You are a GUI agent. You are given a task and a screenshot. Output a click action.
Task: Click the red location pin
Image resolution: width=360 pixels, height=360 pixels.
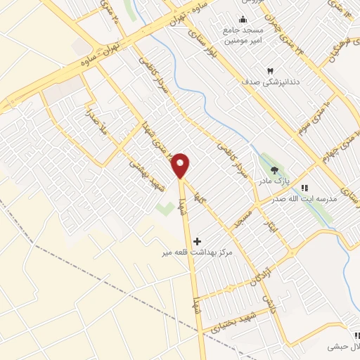pos(181,165)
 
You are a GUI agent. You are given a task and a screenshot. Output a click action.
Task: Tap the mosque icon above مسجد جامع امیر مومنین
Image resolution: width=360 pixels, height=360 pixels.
pos(243,19)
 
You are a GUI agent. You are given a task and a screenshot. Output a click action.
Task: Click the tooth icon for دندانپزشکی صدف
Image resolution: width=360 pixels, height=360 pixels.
pos(270,71)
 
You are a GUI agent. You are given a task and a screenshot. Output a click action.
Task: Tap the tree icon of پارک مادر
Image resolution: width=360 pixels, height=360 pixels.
pos(274,169)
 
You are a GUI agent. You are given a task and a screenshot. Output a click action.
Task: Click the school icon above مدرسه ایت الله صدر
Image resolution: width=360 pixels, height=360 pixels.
pos(304,188)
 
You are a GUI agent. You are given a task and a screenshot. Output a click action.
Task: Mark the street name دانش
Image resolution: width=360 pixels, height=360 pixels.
pos(268,302)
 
